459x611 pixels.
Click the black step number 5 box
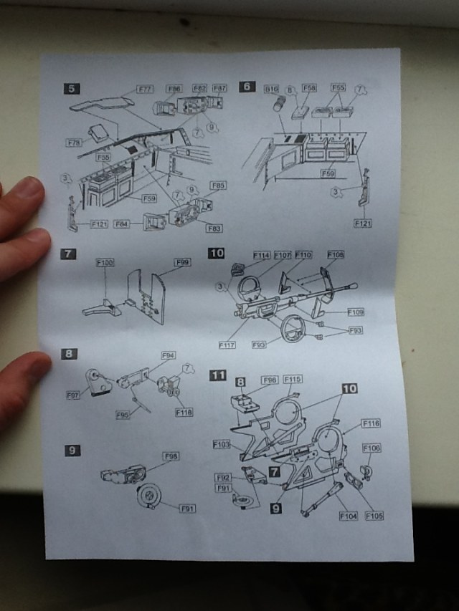coord(72,89)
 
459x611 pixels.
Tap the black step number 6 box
coord(247,87)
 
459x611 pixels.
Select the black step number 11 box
coord(217,375)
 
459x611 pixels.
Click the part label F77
coord(146,90)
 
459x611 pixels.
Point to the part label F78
coord(75,143)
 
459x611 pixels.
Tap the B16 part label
coord(271,88)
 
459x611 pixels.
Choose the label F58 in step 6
coord(309,87)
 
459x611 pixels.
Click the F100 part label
coord(105,264)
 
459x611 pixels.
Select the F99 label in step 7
coord(183,263)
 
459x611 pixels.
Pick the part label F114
coord(261,255)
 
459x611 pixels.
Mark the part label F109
coord(356,312)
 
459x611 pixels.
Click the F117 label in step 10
coord(227,344)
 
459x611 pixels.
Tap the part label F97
coord(74,395)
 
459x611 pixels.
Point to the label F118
coord(184,412)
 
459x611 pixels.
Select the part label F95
coord(123,414)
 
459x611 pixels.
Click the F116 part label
coord(371,423)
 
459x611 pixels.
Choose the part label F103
coord(222,445)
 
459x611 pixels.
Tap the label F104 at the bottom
coord(348,515)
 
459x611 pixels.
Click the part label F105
coord(374,515)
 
